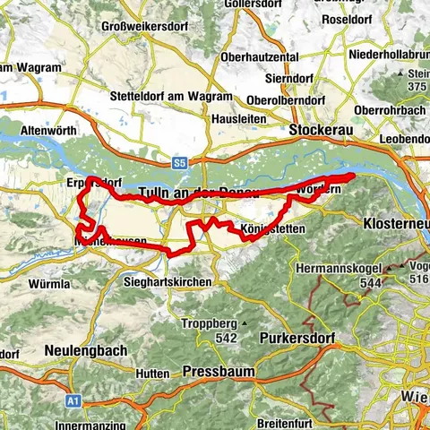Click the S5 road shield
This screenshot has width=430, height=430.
coord(181,163)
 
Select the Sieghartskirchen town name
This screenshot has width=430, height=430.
coord(169,282)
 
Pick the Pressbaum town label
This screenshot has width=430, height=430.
coord(219,371)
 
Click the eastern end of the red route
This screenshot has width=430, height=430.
coord(354,176)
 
